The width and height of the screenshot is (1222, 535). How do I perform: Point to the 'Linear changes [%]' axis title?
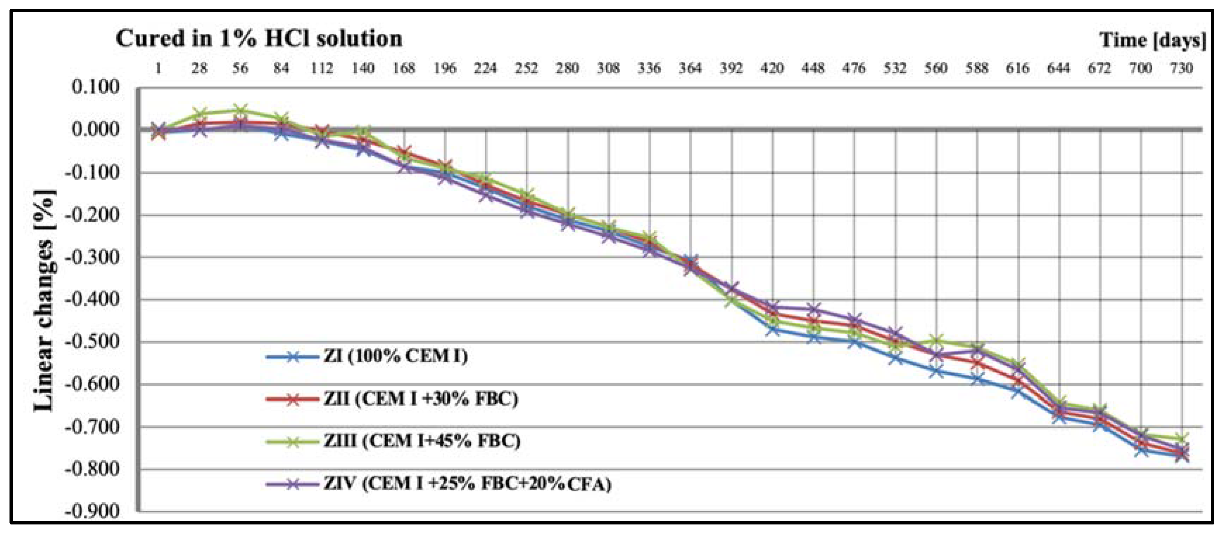point(45,301)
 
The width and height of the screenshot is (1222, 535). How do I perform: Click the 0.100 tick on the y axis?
point(95,87)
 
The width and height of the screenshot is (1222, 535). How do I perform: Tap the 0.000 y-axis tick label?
point(95,129)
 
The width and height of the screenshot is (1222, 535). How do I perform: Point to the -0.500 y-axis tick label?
point(92,342)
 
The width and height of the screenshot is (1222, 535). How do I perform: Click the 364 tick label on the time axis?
point(690,69)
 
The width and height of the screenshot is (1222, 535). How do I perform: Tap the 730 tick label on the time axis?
point(1181,69)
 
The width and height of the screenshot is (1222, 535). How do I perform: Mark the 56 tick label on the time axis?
point(240,69)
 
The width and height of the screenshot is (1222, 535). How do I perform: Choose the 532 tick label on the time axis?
point(895,69)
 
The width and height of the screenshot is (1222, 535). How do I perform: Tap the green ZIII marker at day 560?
point(936,340)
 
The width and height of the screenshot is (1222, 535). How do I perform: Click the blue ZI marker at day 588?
point(977,379)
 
